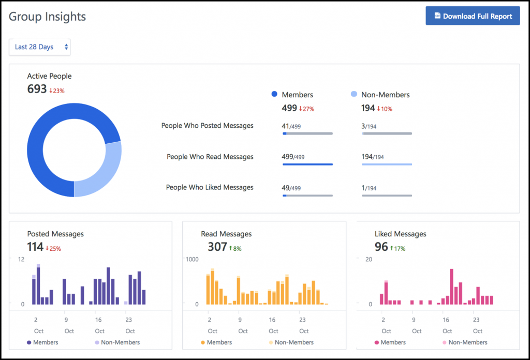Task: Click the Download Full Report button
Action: pos(473,16)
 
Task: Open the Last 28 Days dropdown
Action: pos(39,47)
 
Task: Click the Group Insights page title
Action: pos(48,17)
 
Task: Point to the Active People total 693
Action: pos(37,89)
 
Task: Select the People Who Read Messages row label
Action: pos(210,157)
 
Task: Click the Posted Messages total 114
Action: pos(35,247)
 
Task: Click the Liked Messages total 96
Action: pos(381,247)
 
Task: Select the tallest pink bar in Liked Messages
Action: pos(452,286)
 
